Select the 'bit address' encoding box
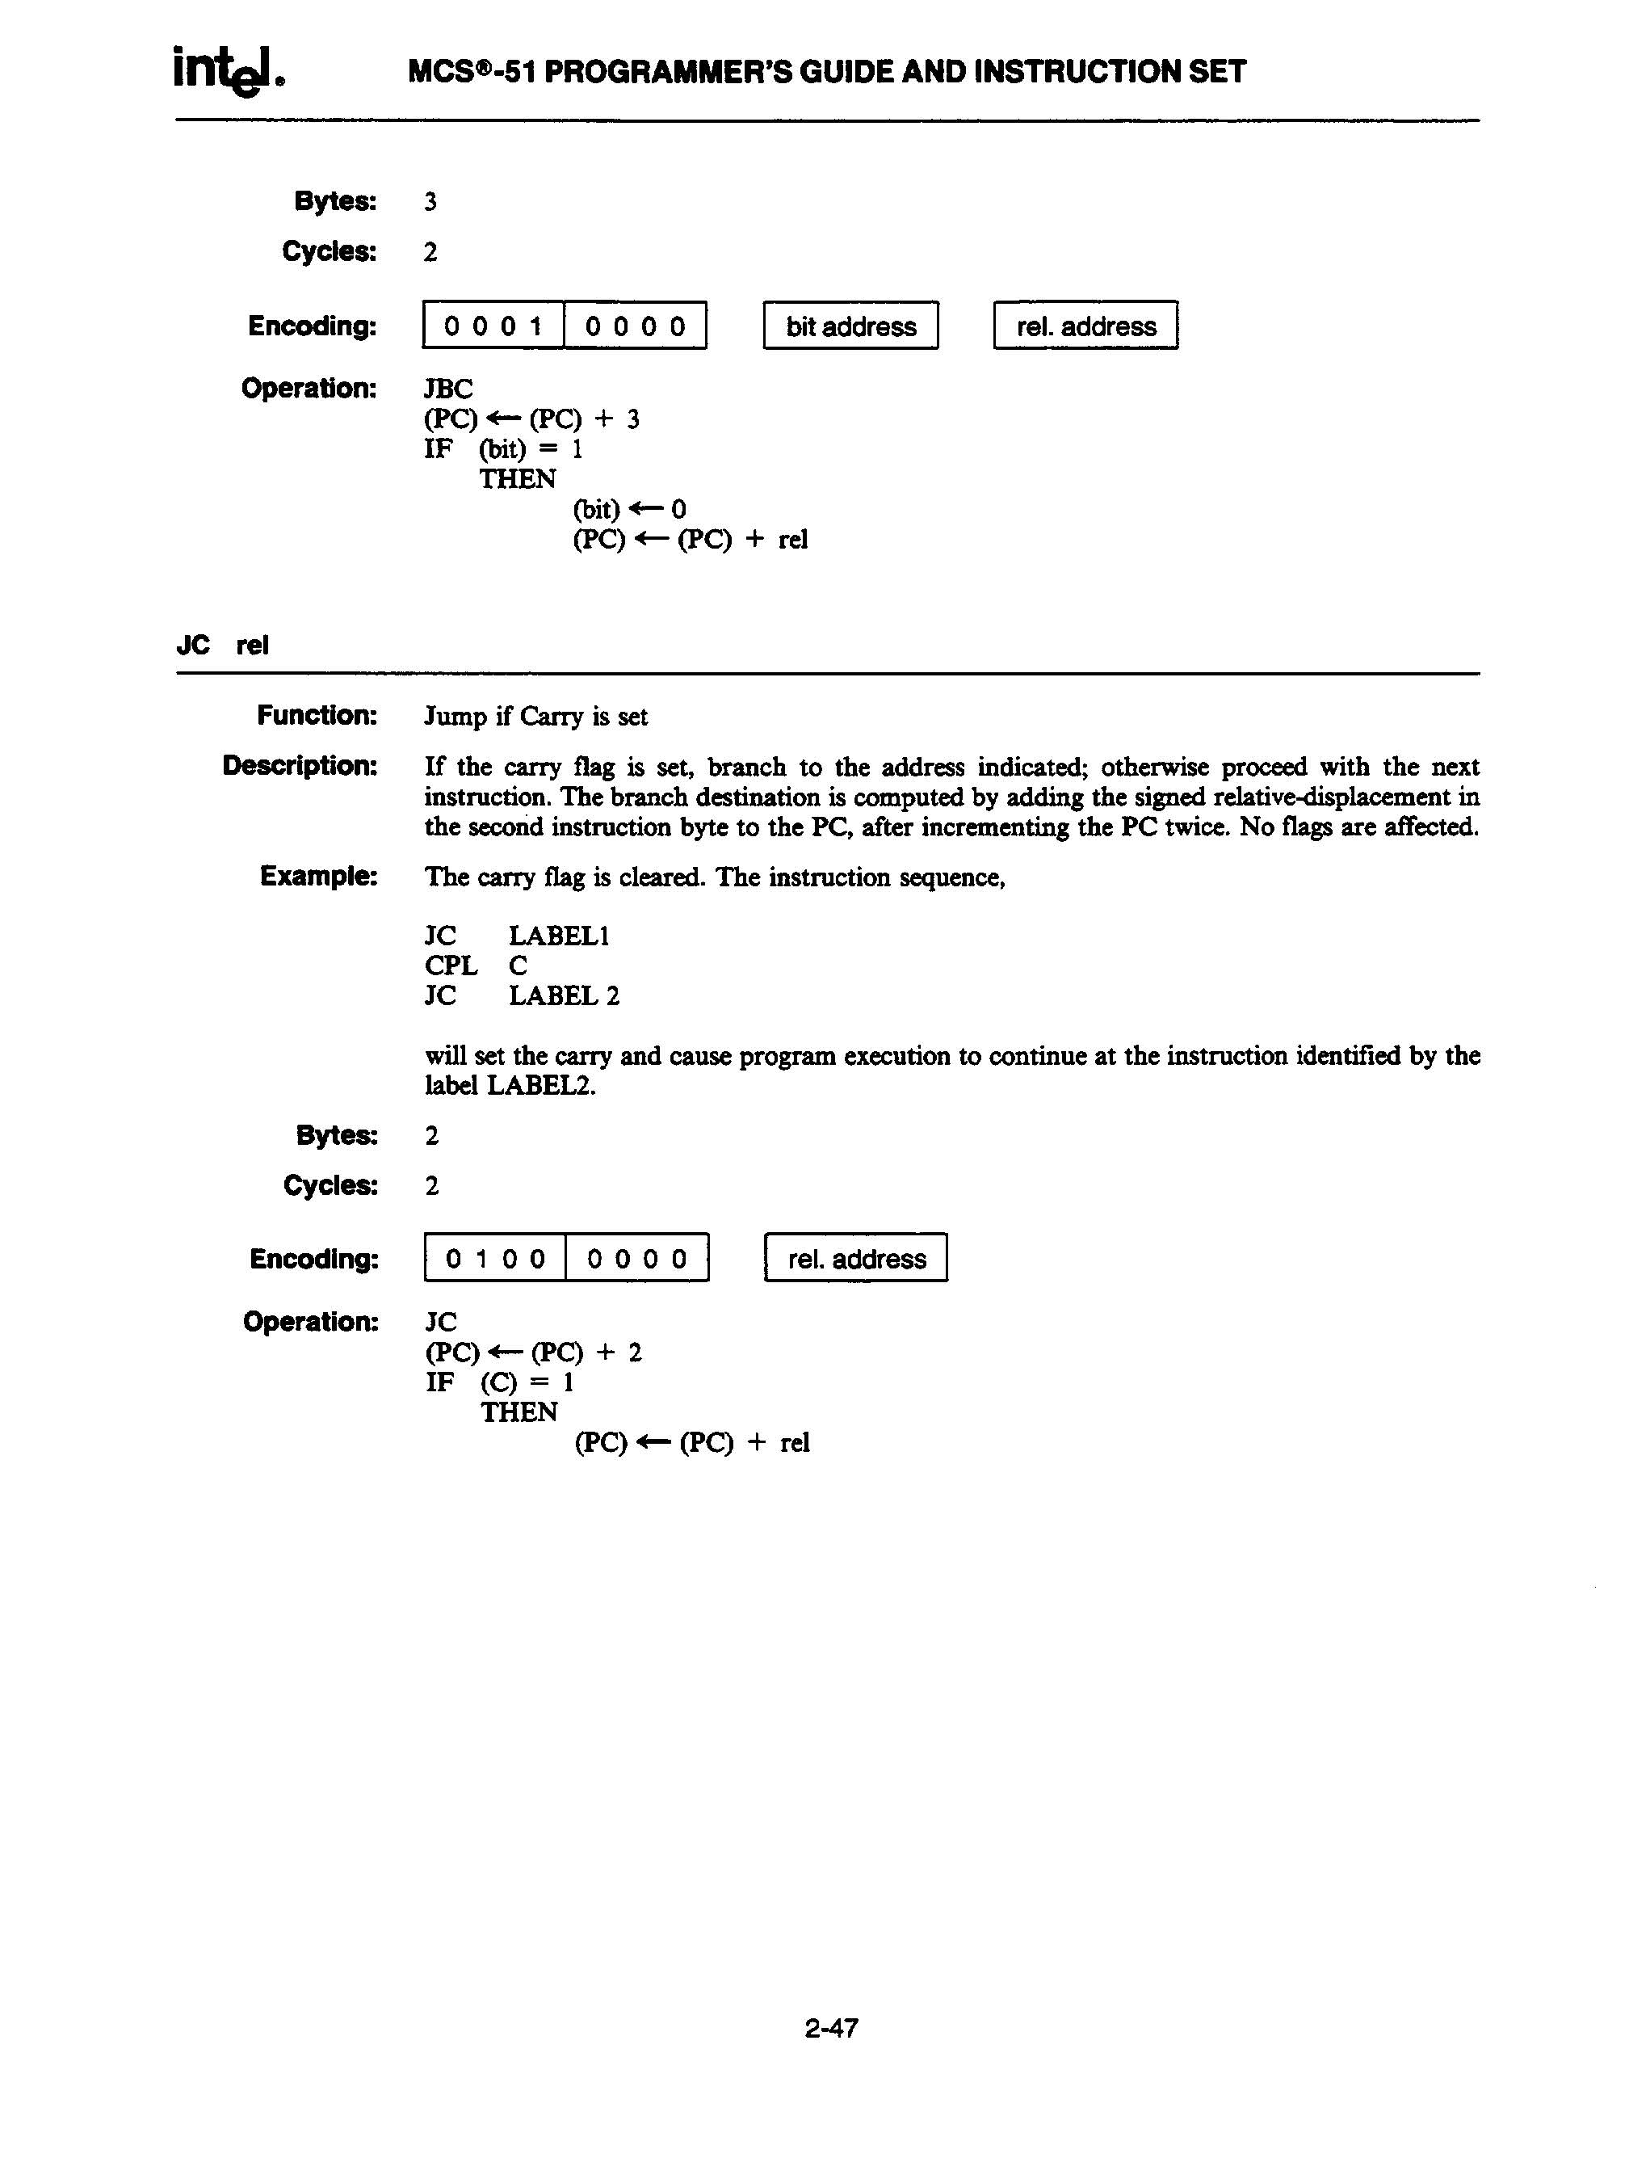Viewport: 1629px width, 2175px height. (x=850, y=326)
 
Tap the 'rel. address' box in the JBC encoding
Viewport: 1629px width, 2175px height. (x=1085, y=326)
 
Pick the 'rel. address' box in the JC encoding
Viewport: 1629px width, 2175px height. (x=855, y=1259)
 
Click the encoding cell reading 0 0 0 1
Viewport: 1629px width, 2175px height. (x=493, y=326)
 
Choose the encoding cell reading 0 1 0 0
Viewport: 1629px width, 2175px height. (x=495, y=1259)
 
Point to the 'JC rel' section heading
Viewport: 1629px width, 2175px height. (x=222, y=645)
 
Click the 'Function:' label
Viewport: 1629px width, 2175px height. (x=317, y=716)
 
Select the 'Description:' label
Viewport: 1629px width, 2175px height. (x=300, y=765)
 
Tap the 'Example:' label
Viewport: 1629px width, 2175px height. (x=318, y=876)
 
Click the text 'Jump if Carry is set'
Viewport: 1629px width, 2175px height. (x=535, y=717)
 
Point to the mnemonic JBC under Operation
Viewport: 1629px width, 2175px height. (x=448, y=389)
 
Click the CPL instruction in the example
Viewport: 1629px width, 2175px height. (x=451, y=965)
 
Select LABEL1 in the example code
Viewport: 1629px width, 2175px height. (x=558, y=936)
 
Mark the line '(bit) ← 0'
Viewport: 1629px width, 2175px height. (x=629, y=509)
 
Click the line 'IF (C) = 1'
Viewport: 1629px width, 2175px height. (x=499, y=1382)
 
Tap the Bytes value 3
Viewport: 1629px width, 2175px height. (x=430, y=201)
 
